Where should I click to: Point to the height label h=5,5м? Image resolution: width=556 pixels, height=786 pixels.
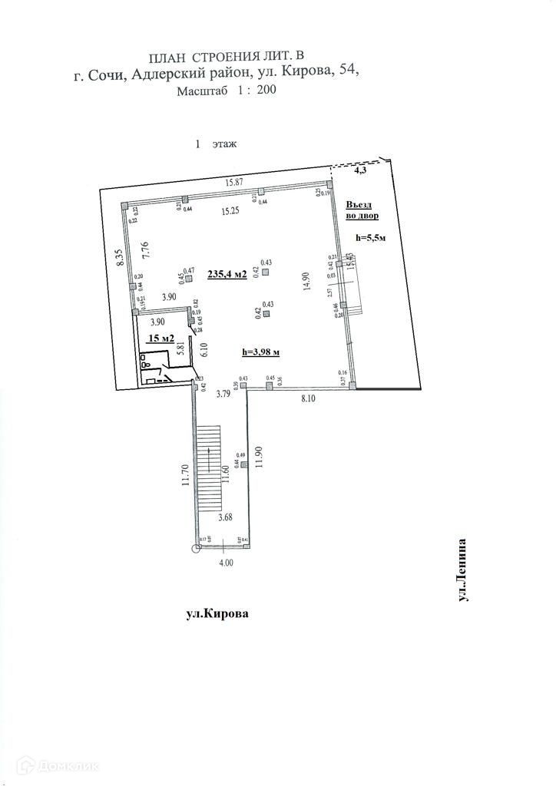tap(371, 238)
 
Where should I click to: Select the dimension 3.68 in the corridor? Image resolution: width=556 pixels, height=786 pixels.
tap(226, 517)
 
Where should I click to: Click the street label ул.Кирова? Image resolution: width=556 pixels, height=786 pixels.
tap(218, 614)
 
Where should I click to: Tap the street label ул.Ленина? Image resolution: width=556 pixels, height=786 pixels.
tap(462, 570)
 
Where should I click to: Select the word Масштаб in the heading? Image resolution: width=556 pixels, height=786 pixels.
tap(203, 91)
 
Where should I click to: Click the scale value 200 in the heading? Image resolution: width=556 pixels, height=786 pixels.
tap(266, 90)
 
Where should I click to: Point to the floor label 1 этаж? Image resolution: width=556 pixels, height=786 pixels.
tap(217, 144)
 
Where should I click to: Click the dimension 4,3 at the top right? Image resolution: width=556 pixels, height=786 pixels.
tap(359, 173)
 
